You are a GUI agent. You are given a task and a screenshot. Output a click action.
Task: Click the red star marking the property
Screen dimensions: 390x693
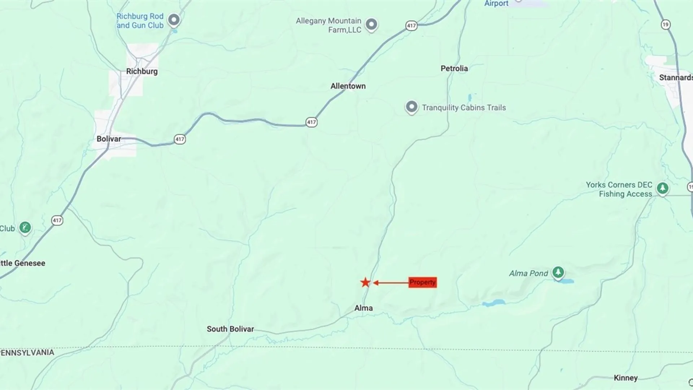(365, 282)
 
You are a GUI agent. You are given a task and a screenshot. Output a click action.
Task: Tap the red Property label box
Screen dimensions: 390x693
(422, 282)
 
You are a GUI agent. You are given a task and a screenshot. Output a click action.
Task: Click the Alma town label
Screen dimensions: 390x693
(363, 308)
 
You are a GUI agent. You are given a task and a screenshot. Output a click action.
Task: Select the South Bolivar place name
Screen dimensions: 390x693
(230, 329)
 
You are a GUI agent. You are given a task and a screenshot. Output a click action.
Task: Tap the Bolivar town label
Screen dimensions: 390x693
(109, 139)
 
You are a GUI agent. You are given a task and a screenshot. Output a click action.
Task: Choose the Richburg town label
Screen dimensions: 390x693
(142, 71)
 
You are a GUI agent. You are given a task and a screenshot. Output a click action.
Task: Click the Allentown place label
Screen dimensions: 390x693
(348, 86)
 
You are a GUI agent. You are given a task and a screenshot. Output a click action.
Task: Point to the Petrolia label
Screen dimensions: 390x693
(454, 68)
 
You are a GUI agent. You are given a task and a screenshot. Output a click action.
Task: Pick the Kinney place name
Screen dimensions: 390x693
(626, 378)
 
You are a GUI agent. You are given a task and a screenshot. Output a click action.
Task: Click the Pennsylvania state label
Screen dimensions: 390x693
(27, 352)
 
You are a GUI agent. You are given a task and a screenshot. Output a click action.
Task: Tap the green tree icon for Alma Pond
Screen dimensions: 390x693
(558, 272)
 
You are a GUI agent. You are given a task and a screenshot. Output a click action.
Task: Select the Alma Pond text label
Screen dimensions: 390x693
(528, 273)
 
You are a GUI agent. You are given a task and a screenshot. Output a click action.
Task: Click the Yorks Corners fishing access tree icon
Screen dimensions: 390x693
(662, 188)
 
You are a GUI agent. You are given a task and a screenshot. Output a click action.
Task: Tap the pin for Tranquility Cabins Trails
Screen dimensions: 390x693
(411, 107)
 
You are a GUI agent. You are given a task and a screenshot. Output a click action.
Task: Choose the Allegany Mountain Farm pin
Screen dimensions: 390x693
(371, 24)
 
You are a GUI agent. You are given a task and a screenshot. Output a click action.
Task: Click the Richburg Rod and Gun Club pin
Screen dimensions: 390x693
(174, 19)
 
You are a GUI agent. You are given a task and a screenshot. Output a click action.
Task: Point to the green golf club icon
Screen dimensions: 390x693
(25, 227)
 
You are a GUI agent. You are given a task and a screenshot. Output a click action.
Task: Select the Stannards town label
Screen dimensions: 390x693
(675, 78)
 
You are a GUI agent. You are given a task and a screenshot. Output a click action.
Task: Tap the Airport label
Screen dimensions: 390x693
(496, 4)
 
